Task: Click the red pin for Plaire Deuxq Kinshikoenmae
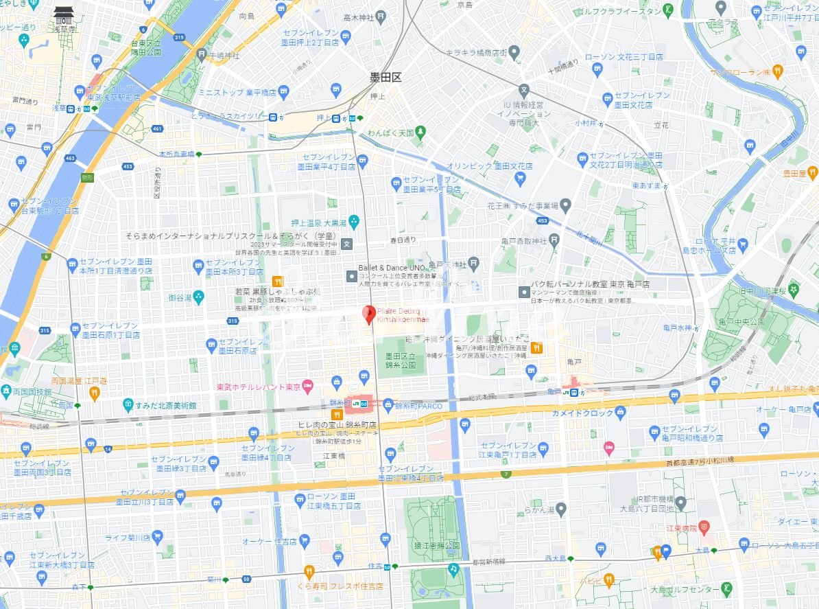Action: click(x=368, y=314)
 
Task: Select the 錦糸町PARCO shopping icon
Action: click(x=388, y=404)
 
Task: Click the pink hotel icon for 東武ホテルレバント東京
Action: click(x=308, y=387)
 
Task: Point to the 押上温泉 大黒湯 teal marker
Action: click(x=354, y=221)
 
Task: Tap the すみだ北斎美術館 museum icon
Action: click(x=128, y=405)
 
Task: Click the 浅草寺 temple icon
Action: click(x=62, y=13)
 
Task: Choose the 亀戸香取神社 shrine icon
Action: click(x=554, y=240)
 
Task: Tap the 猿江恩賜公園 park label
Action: click(x=432, y=545)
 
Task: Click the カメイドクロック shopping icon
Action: click(x=621, y=413)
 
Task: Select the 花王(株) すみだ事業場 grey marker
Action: click(x=565, y=205)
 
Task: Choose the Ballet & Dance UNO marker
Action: click(x=352, y=276)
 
